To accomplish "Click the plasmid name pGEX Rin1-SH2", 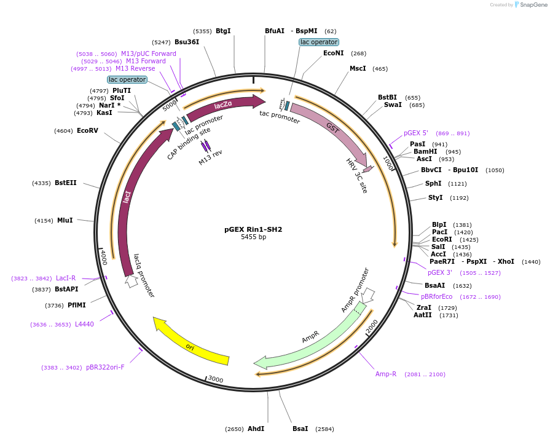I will pos(253,229).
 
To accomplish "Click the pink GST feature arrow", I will pos(332,130).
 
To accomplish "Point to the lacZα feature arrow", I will pos(224,106).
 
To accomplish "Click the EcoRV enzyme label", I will pos(87,130).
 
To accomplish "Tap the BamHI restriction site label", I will pos(425,151).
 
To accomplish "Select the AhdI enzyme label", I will pos(256,429).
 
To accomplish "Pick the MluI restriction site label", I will pos(65,220).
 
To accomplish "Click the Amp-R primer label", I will pos(386,374).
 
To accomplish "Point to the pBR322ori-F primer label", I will pos(105,367).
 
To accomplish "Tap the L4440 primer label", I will pos(84,324).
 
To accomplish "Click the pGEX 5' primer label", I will pos(416,133).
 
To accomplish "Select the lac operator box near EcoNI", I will pos(318,42).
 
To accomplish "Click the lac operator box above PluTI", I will pos(127,79).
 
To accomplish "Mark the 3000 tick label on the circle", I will pos(215,379).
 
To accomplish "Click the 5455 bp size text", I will pos(253,237).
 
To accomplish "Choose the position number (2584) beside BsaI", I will pos(324,429).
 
